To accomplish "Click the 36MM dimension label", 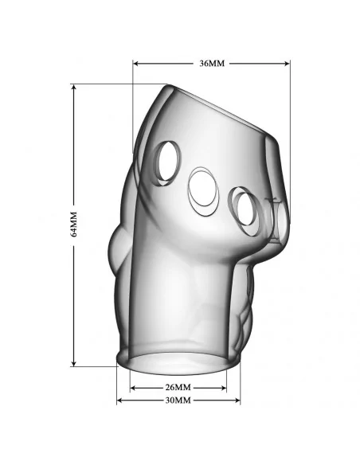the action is [212, 64].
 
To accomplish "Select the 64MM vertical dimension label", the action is [73, 225].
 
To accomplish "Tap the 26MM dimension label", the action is [178, 387].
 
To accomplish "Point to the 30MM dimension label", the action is [178, 401].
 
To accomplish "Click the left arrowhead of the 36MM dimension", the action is [136, 64].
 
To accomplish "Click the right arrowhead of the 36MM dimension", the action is [287, 64].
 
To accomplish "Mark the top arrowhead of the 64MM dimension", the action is [74, 88].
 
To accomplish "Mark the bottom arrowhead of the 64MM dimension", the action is [74, 363].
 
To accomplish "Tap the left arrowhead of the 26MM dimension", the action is [133, 388].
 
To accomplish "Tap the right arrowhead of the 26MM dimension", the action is [223, 388].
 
